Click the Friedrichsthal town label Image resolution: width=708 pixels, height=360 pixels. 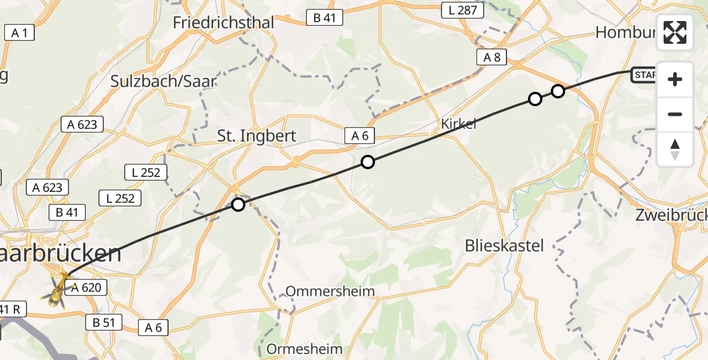coord(223,23)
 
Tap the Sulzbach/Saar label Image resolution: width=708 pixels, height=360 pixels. coord(163,81)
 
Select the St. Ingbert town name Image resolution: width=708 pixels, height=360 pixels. coord(257,136)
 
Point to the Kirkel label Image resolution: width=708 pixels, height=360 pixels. coord(458,124)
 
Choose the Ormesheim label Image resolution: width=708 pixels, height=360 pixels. coord(304,349)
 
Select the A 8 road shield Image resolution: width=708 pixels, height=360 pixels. coord(492,58)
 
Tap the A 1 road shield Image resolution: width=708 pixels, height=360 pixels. coord(19,32)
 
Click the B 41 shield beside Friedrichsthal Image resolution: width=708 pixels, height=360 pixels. coord(324,18)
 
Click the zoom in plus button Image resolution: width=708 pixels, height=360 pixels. coord(675,79)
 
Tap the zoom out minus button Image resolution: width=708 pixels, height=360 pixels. coord(675,114)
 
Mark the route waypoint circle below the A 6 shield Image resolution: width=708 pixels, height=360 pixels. coord(368,162)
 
